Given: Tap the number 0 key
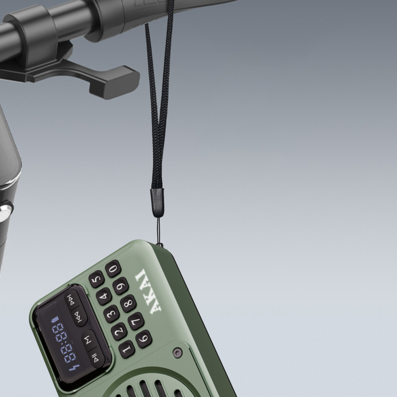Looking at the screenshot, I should tap(113, 269).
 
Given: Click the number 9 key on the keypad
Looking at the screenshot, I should tap(120, 286).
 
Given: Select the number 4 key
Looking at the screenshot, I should tap(104, 296).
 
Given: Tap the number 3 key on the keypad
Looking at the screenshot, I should tap(112, 314).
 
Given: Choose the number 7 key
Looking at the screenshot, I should tap(136, 321).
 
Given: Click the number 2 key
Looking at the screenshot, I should tap(119, 331).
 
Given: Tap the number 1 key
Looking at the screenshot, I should tap(127, 349).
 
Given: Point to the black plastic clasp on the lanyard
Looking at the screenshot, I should tap(157, 202).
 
